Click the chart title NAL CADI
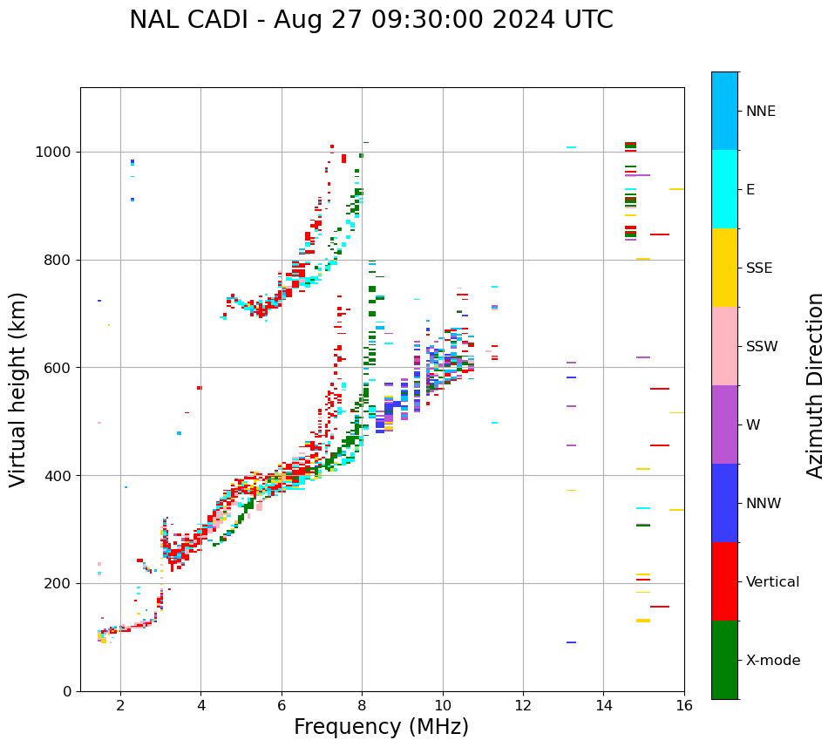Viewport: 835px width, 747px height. pyautogui.click(x=370, y=20)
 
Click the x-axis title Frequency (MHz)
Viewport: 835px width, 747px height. pyautogui.click(x=381, y=727)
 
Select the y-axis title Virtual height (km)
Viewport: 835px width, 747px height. pyautogui.click(x=18, y=389)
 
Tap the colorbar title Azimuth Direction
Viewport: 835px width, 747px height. pyautogui.click(x=815, y=385)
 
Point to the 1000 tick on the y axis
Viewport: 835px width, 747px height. pyautogui.click(x=58, y=153)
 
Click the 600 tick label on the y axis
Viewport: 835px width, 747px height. pyautogui.click(x=58, y=368)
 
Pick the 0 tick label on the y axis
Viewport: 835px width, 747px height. pyautogui.click(x=67, y=691)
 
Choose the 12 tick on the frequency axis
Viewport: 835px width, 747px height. pyautogui.click(x=523, y=705)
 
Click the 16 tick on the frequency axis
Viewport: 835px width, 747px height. pyautogui.click(x=684, y=705)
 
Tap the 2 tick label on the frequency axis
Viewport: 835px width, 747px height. pyautogui.click(x=120, y=705)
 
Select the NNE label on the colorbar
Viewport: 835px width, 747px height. pyautogui.click(x=760, y=112)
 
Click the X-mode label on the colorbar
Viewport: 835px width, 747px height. pyautogui.click(x=772, y=661)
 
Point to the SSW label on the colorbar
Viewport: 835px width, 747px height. pyautogui.click(x=761, y=347)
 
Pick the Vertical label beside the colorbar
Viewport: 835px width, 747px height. pyautogui.click(x=772, y=582)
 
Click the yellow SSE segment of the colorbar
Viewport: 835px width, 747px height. pyautogui.click(x=724, y=268)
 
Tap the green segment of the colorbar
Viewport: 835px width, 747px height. pyautogui.click(x=724, y=660)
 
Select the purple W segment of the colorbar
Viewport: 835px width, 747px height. pyautogui.click(x=724, y=424)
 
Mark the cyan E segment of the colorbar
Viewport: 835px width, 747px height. pyautogui.click(x=724, y=189)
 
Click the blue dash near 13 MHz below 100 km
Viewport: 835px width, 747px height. pyautogui.click(x=571, y=642)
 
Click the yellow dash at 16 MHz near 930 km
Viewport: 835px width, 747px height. pyautogui.click(x=676, y=189)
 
